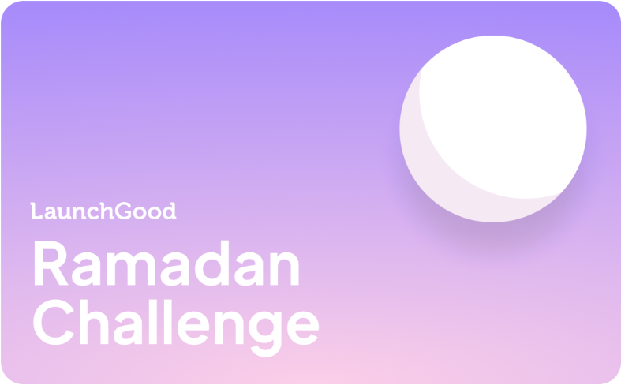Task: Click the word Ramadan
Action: pos(166,263)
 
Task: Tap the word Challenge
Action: pos(176,328)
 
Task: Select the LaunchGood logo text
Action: pos(103,211)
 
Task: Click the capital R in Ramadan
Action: pos(51,263)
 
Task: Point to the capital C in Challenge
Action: pos(54,322)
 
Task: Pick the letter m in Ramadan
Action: pos(131,268)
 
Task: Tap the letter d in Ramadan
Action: pos(212,263)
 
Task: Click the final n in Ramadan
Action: pos(284,268)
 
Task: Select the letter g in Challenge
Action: pos(265,334)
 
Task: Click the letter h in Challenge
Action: pos(94,322)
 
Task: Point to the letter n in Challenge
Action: pos(229,327)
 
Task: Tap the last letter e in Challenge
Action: pos(303,328)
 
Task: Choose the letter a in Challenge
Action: pos(128,328)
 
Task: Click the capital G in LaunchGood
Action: pos(123,211)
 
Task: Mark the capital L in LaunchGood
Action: pos(36,211)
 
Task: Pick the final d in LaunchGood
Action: pos(170,211)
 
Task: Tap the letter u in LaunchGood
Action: pos(64,213)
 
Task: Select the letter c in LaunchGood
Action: pos(93,213)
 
